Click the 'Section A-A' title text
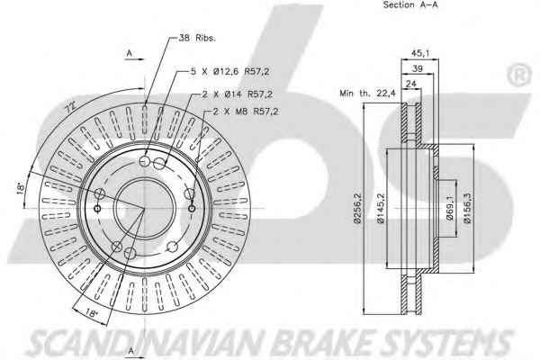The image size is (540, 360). [410, 4]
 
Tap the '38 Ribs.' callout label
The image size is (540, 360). [197, 38]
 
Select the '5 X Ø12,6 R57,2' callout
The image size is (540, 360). [230, 72]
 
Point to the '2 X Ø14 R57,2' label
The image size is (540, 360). [237, 94]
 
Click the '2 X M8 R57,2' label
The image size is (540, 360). [246, 112]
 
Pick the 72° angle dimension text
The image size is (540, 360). [71, 108]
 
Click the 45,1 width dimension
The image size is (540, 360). [420, 53]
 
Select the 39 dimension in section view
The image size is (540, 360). [417, 68]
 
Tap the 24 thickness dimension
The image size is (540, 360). [411, 84]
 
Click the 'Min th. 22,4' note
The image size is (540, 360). [368, 93]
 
